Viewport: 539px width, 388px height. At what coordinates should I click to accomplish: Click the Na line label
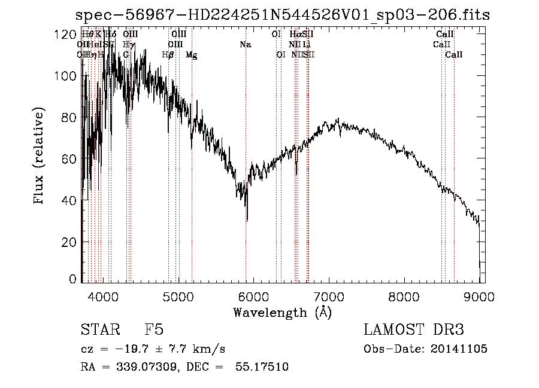click(246, 44)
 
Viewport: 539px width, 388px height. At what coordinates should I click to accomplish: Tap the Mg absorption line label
click(192, 54)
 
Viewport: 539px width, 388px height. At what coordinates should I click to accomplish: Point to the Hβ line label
click(168, 54)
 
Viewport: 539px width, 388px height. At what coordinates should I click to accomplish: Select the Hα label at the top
click(295, 34)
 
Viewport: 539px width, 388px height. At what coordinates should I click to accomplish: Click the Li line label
click(307, 44)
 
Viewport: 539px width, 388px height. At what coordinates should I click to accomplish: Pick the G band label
click(126, 54)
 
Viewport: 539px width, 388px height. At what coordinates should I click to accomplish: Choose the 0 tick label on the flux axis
click(73, 279)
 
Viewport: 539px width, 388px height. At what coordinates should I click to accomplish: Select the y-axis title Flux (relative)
click(40, 157)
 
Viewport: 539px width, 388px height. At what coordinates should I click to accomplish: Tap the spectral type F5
click(154, 330)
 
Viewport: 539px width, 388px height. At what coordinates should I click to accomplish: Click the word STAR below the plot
click(99, 330)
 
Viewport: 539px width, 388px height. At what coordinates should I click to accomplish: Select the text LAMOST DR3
click(413, 330)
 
